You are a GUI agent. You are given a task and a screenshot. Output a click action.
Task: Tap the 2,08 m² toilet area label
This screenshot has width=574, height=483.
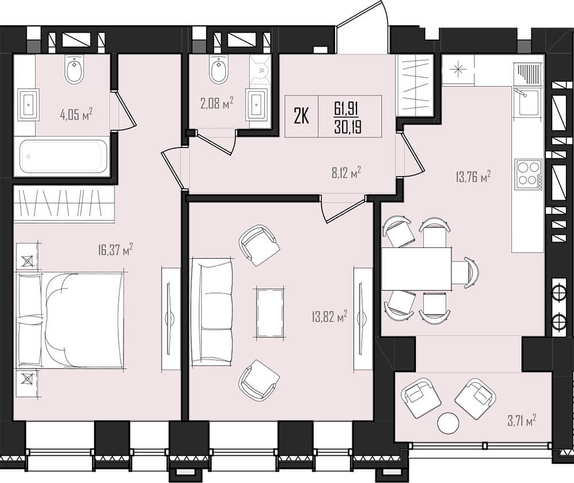217,103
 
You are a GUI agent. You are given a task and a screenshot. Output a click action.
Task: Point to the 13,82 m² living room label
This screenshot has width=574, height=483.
329,315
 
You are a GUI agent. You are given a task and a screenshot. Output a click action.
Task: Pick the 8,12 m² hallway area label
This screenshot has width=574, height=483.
347,172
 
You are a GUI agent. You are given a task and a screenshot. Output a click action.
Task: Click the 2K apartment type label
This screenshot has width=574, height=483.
302,117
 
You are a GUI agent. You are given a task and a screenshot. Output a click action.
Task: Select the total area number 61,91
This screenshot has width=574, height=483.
346,108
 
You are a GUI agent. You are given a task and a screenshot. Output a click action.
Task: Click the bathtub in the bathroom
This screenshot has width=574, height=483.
61,157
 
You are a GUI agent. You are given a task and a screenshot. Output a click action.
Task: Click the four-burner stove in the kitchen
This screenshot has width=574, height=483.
529,174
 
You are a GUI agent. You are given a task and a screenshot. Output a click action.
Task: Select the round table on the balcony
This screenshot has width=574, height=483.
448,422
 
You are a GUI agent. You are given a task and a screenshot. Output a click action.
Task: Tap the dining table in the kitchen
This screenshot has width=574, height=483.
416,268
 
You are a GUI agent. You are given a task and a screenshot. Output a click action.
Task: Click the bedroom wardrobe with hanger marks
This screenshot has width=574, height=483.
64,204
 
